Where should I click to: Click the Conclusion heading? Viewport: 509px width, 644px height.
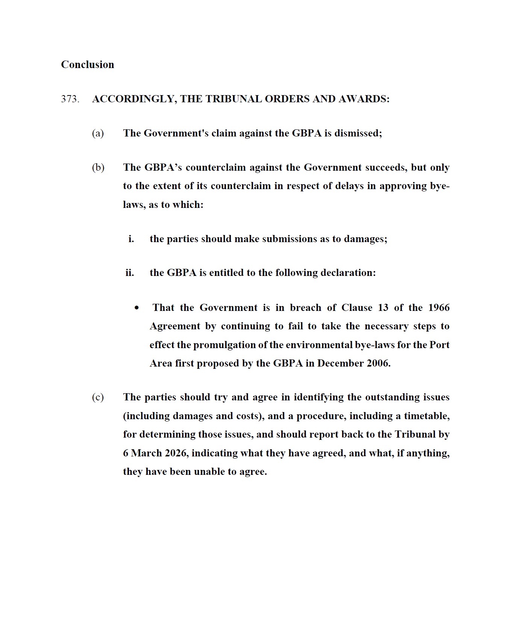coord(87,65)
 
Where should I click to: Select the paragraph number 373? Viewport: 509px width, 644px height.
coord(70,99)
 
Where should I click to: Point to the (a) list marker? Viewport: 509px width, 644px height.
coord(98,133)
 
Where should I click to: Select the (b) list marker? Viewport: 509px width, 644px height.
coord(98,168)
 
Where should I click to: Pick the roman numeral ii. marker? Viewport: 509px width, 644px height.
coord(130,273)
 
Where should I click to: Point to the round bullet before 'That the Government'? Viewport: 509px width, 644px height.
coord(136,308)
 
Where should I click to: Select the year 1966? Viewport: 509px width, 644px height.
coord(439,308)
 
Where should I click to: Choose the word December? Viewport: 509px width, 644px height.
coord(337,363)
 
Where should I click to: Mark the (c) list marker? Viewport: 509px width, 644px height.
coord(98,397)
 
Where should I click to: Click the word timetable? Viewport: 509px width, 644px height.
coord(426,416)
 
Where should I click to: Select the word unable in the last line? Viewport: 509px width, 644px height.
coord(209,471)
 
